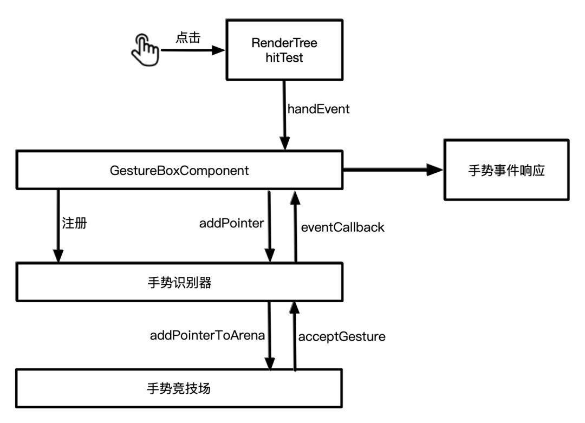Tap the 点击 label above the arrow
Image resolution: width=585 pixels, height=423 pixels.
point(188,38)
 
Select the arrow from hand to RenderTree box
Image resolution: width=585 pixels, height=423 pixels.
point(192,50)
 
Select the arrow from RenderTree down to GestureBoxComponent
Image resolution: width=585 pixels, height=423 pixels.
point(283,114)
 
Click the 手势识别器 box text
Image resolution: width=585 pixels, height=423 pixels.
point(179,282)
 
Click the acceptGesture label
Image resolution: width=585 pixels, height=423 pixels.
point(342,336)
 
